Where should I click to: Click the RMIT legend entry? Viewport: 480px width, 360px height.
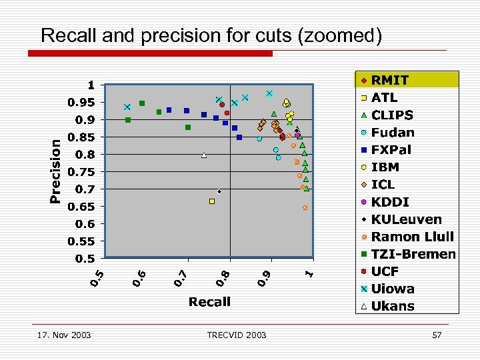pyautogui.click(x=390, y=81)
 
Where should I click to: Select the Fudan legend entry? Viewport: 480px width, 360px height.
pyautogui.click(x=393, y=133)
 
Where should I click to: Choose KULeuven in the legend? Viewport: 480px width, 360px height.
pyautogui.click(x=406, y=219)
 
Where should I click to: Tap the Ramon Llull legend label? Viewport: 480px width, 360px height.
pyautogui.click(x=412, y=237)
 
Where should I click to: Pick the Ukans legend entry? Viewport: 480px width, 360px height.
pyautogui.click(x=393, y=306)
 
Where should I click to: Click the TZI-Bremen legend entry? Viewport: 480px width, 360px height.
pyautogui.click(x=413, y=254)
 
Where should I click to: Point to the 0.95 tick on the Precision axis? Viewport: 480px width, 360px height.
pyautogui.click(x=83, y=103)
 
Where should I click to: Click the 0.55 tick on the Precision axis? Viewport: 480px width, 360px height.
pyautogui.click(x=83, y=241)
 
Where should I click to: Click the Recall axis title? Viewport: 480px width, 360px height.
pyautogui.click(x=209, y=302)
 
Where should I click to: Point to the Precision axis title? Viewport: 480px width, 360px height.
pyautogui.click(x=57, y=170)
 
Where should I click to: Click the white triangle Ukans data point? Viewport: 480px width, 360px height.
pyautogui.click(x=204, y=155)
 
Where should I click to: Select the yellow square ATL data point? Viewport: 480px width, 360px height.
pyautogui.click(x=212, y=201)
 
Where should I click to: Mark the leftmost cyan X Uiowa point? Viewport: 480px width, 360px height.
pyautogui.click(x=127, y=107)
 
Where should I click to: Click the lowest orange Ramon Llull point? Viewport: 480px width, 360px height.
pyautogui.click(x=305, y=208)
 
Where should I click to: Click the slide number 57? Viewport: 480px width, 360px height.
pyautogui.click(x=437, y=335)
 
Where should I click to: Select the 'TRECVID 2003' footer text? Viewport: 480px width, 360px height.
pyautogui.click(x=236, y=335)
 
